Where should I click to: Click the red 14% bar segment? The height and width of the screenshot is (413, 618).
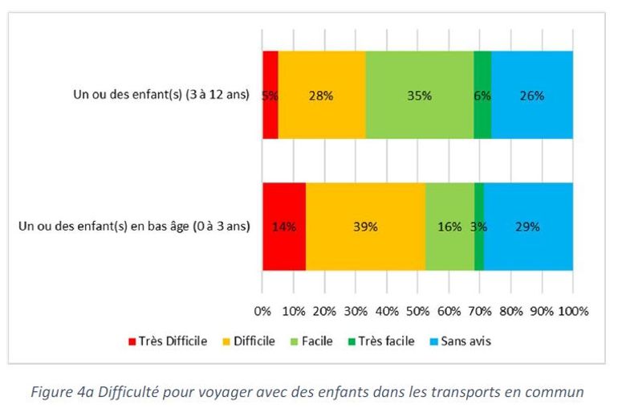pos(283,227)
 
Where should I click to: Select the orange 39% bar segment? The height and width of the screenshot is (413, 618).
pos(365,227)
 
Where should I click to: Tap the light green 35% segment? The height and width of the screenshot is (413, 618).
pos(419,95)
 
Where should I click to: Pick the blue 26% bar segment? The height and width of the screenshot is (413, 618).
pos(531,95)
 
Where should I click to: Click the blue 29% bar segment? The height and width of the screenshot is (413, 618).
pos(527,227)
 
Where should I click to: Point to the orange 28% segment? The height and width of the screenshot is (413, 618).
pos(321,95)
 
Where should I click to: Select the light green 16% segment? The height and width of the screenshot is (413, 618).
pos(449,227)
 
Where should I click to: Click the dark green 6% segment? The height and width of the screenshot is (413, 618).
pos(482,95)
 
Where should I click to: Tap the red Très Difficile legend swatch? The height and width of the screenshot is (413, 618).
pos(132,341)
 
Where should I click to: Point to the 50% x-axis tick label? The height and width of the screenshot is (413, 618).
pos(417,311)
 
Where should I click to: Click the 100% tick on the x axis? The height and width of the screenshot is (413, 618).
pos(573,311)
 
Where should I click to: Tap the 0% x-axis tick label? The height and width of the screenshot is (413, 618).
pos(262,311)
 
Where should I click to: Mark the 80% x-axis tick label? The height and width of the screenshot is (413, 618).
pos(510,311)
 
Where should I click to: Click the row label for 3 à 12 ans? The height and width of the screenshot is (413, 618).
pos(161,95)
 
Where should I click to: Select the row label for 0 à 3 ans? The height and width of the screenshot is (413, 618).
pos(134,227)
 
